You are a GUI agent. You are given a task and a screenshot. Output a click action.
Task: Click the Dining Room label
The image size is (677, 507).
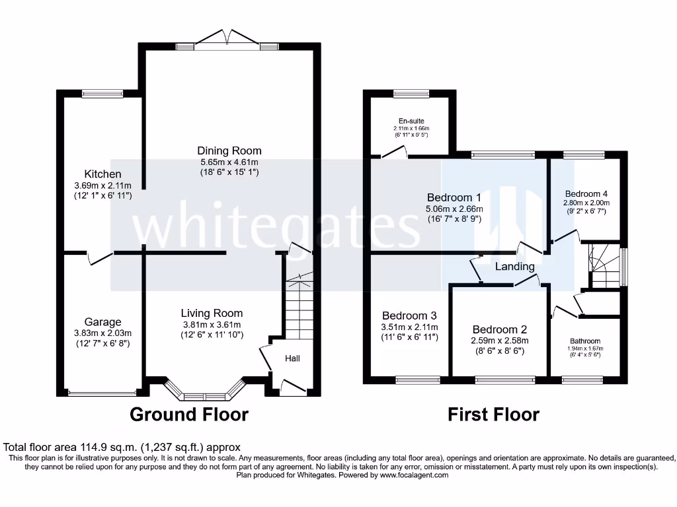pyautogui.click(x=229, y=151)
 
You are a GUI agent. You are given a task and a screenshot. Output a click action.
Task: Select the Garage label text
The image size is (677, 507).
pyautogui.click(x=102, y=321)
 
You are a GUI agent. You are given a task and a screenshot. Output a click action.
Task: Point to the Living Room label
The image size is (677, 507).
pyautogui.click(x=212, y=313)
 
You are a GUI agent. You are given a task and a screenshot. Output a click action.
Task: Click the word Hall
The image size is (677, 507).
pyautogui.click(x=292, y=358)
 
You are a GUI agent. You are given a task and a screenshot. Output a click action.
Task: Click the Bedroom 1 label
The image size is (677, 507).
pyautogui.click(x=454, y=197)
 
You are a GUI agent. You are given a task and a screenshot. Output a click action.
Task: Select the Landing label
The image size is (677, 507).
pyautogui.click(x=514, y=267)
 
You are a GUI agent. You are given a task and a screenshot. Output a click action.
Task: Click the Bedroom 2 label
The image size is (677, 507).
pyautogui.click(x=499, y=329)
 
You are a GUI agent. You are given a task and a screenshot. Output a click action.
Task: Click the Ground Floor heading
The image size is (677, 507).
pyautogui.click(x=189, y=415)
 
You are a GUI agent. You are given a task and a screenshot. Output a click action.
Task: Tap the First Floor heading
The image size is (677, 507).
pyautogui.click(x=493, y=415)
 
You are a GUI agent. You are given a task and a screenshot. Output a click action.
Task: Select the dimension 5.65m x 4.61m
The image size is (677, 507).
pyautogui.click(x=229, y=162)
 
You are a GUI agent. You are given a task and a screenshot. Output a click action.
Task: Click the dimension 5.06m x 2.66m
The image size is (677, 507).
pyautogui.click(x=454, y=208)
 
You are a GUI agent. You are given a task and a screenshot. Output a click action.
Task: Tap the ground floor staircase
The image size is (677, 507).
pyautogui.click(x=298, y=307)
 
